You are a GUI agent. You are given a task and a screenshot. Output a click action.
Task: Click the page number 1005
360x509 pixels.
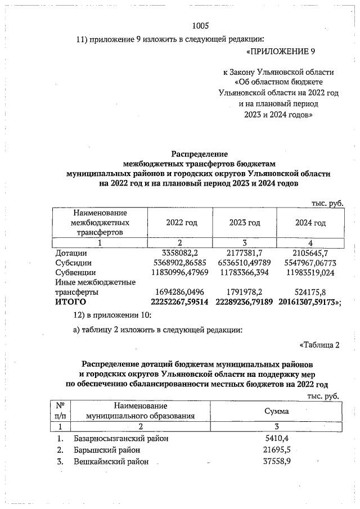(x=200, y=26)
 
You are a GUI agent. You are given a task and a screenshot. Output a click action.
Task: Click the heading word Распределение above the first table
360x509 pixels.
(x=199, y=153)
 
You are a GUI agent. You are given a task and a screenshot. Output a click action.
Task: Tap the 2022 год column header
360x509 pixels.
(x=182, y=223)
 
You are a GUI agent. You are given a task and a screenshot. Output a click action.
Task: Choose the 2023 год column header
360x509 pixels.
(x=245, y=223)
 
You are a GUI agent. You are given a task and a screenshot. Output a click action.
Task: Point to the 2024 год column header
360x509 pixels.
(x=310, y=223)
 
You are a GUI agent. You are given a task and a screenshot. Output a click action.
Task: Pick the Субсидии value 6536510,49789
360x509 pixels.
(x=245, y=262)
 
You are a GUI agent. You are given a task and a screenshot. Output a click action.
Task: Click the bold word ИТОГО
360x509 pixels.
(x=70, y=303)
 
